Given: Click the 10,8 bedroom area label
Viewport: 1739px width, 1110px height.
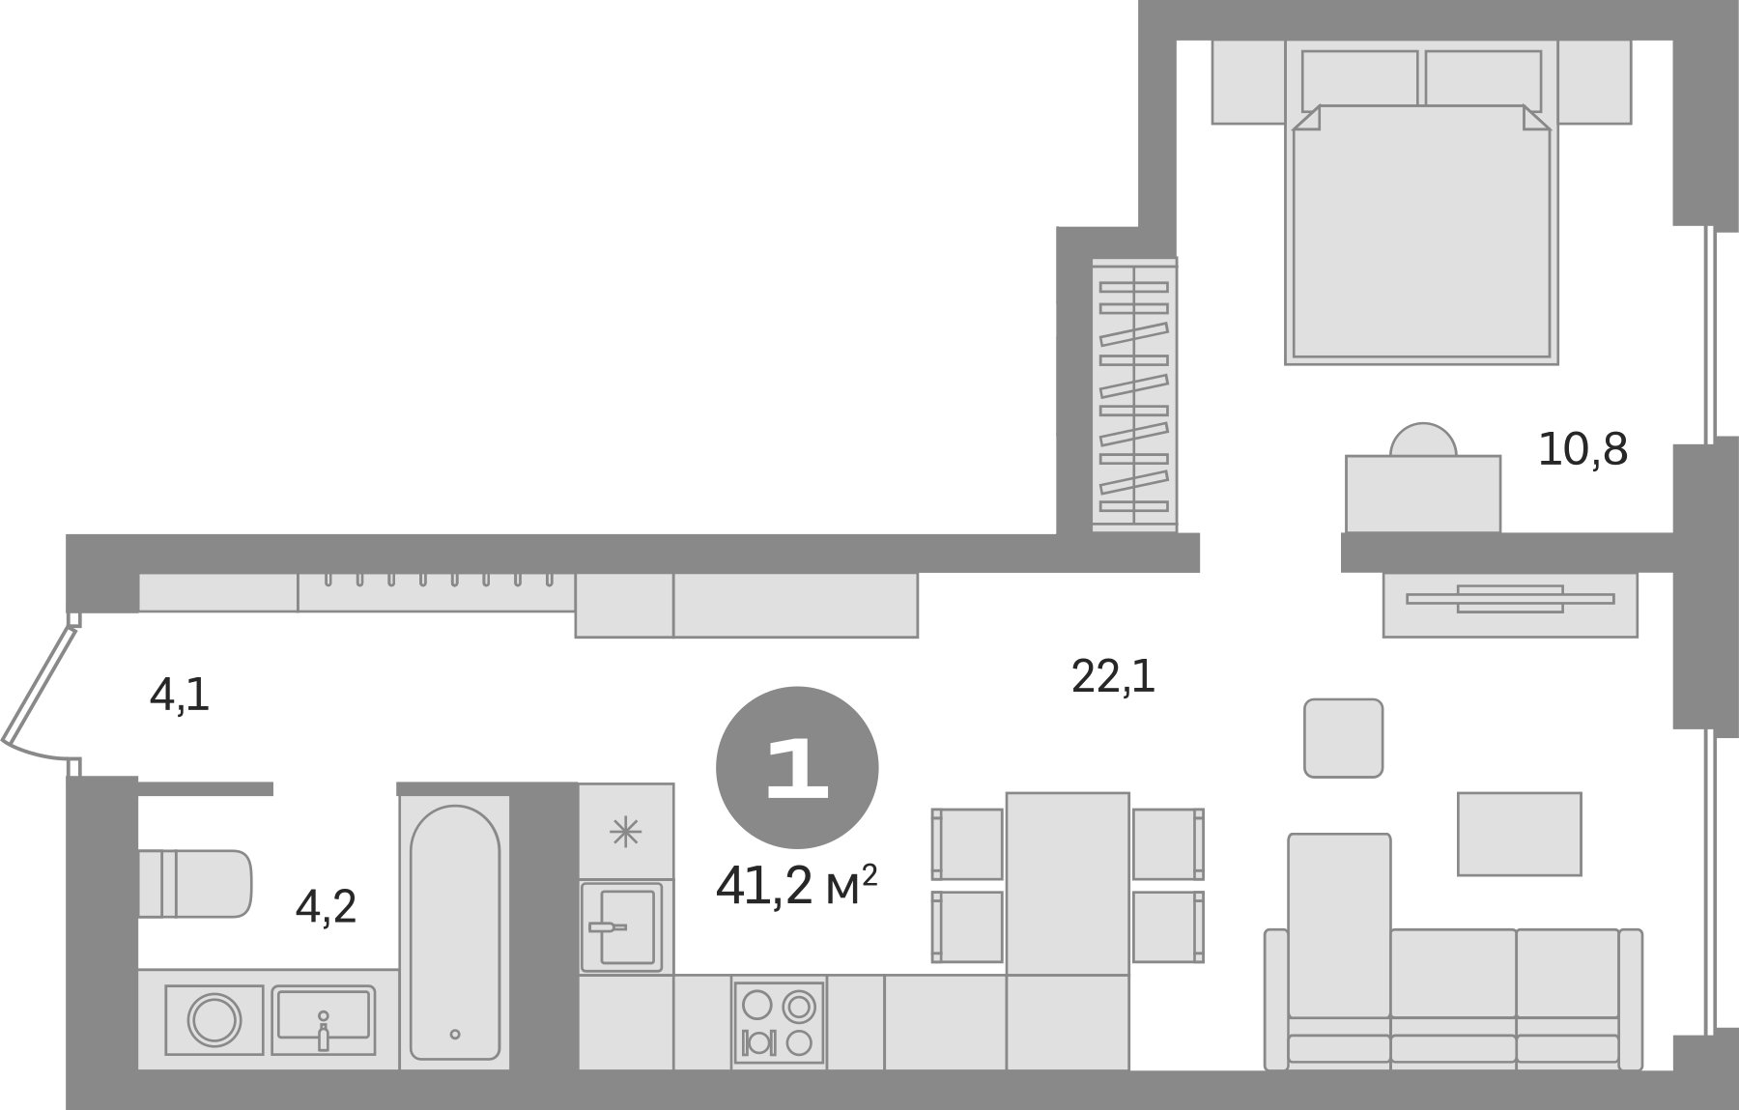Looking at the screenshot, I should pyautogui.click(x=1582, y=450).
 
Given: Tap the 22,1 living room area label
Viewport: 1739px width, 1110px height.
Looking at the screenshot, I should pyautogui.click(x=1112, y=676).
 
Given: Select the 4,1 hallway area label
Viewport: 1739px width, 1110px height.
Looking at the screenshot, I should pyautogui.click(x=181, y=695).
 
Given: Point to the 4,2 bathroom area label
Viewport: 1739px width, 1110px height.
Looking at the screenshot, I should pyautogui.click(x=327, y=907).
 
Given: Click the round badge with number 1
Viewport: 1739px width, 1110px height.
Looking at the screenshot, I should pyautogui.click(x=797, y=769).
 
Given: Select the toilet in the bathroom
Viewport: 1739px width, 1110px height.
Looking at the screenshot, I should pyautogui.click(x=195, y=883).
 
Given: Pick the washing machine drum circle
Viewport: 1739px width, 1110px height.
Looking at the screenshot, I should pyautogui.click(x=214, y=1019).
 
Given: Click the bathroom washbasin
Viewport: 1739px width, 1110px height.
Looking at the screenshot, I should pyautogui.click(x=323, y=1020).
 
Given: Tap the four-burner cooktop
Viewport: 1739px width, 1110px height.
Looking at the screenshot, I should pyautogui.click(x=779, y=1023).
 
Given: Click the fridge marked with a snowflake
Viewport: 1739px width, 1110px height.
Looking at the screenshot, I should pyautogui.click(x=626, y=832).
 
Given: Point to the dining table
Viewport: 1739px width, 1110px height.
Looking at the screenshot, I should pyautogui.click(x=1068, y=883).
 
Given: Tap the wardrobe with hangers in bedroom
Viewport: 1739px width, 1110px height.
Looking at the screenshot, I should pyautogui.click(x=1134, y=394).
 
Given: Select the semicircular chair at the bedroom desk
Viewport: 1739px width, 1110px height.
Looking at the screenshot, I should pyautogui.click(x=1422, y=441).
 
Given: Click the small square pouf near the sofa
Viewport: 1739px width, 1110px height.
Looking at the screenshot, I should pyautogui.click(x=1343, y=738).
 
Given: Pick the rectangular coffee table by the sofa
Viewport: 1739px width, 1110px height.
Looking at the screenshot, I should pyautogui.click(x=1519, y=834).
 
